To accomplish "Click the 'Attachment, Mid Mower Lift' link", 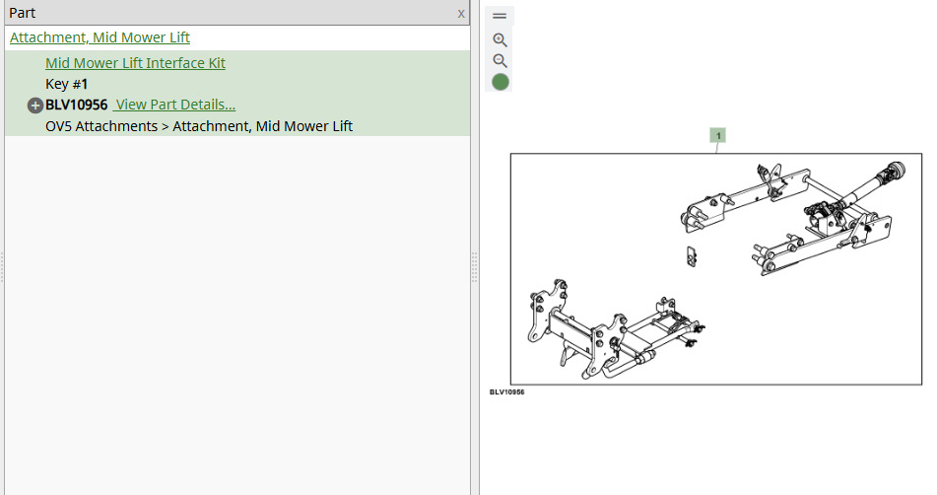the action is pos(100,37).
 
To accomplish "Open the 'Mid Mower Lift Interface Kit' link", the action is pos(135,63).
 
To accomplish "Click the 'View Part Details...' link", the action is pos(174,105).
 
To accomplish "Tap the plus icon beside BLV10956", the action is pos(35,106).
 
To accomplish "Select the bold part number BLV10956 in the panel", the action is pos(77,105).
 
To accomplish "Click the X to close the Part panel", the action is pos(461,13).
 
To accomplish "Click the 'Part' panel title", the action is pos(22,13).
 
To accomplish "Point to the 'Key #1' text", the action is pos(66,84).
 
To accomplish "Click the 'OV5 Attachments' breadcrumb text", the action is pos(101,126).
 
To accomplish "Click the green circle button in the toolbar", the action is pos(501,82).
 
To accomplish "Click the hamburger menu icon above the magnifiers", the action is pos(500,16).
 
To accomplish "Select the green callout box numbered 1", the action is pos(717,135).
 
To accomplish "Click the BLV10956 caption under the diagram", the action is pos(506,392).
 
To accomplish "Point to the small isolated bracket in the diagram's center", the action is pos(692,256).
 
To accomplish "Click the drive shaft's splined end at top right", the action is pos(895,171).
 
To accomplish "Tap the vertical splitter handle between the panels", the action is pos(475,266).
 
